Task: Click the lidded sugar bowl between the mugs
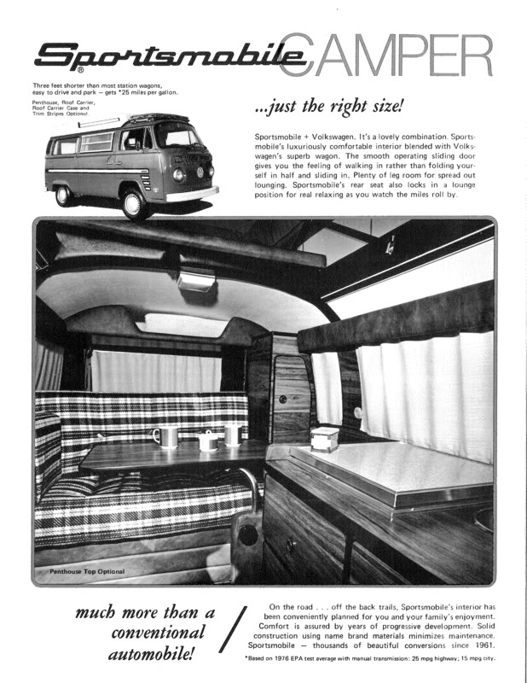tap(207, 441)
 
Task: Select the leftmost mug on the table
tap(165, 436)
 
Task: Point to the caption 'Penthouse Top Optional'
tap(86, 571)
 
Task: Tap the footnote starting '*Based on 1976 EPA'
tap(370, 659)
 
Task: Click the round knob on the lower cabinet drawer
tap(290, 543)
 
